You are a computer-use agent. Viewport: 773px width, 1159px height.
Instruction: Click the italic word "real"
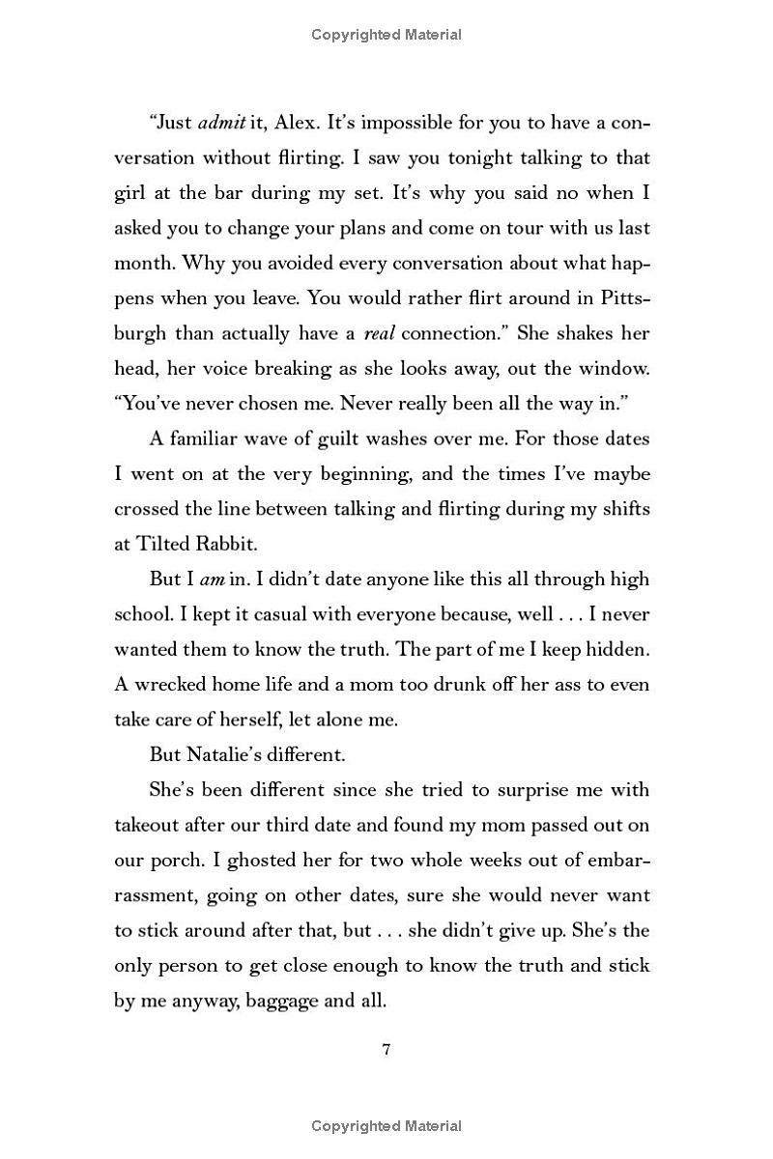pos(378,333)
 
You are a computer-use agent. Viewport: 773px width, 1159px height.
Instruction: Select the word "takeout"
pos(148,825)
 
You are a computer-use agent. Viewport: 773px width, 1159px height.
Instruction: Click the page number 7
pos(386,1051)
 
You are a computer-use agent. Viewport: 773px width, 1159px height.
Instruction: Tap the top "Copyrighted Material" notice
pos(386,35)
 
